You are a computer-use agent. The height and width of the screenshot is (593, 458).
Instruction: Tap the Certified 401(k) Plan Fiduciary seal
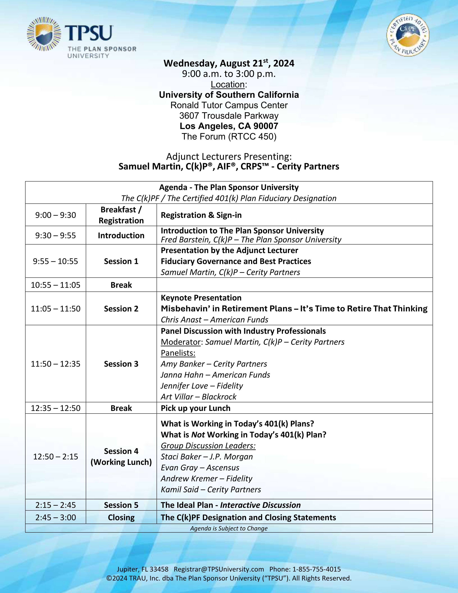(408, 35)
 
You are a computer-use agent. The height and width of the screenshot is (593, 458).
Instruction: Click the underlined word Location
(228, 84)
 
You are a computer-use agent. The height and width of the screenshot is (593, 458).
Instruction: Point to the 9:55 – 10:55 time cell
(55, 261)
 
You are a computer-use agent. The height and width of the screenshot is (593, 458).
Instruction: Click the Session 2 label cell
(121, 309)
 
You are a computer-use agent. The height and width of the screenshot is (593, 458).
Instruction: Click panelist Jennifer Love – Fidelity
(202, 386)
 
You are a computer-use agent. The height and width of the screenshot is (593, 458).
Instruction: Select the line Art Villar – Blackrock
(198, 397)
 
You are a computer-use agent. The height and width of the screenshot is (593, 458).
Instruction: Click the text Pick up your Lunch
(195, 408)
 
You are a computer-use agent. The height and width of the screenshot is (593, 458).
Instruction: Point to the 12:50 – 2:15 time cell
(55, 456)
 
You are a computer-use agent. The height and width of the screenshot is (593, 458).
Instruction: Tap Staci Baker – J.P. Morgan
(207, 456)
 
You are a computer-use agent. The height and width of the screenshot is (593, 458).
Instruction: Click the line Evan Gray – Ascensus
(200, 468)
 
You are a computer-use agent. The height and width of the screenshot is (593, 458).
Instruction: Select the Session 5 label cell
(121, 505)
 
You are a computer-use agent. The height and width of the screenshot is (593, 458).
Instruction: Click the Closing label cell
(121, 518)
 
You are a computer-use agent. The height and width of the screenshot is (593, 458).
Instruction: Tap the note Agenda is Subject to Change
(229, 528)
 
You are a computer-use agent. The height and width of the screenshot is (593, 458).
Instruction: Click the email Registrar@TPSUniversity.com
(219, 569)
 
